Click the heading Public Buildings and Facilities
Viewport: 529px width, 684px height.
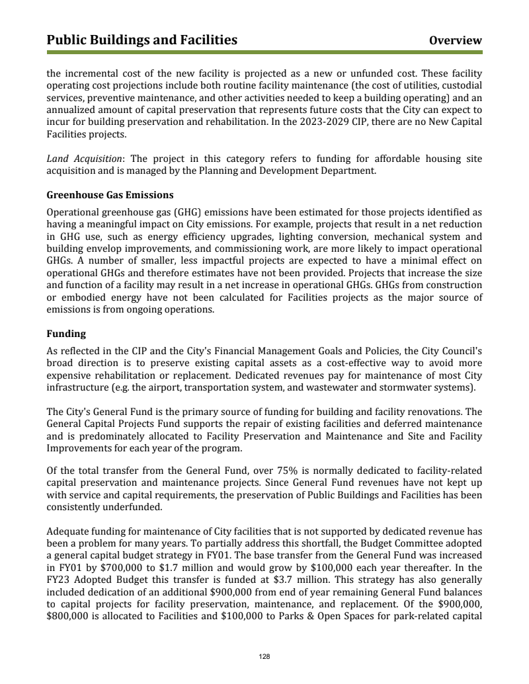pos(142,40)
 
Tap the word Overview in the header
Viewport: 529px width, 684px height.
pos(455,40)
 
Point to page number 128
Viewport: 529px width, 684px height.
pos(264,657)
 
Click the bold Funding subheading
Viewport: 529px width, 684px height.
pos(66,334)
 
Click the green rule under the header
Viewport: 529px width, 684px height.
pos(264,52)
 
